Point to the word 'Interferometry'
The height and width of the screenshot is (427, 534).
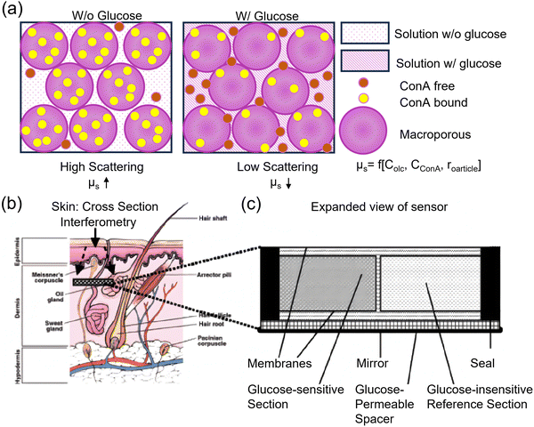(x=93, y=222)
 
